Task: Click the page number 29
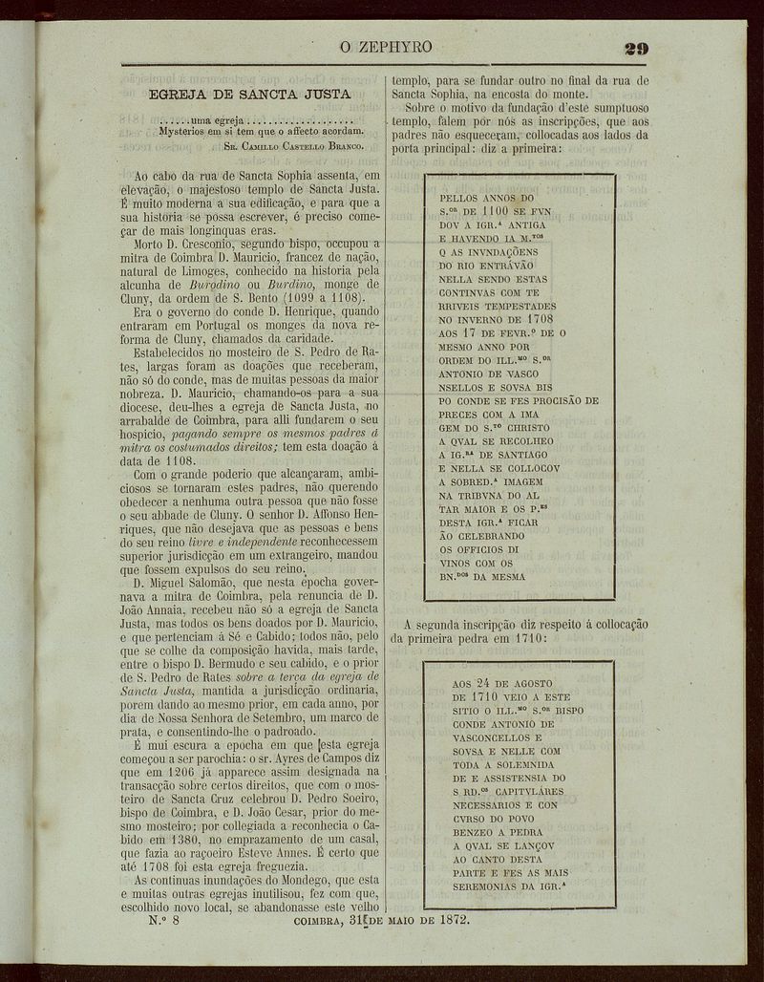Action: pyautogui.click(x=636, y=48)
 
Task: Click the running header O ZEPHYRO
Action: pyautogui.click(x=386, y=47)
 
